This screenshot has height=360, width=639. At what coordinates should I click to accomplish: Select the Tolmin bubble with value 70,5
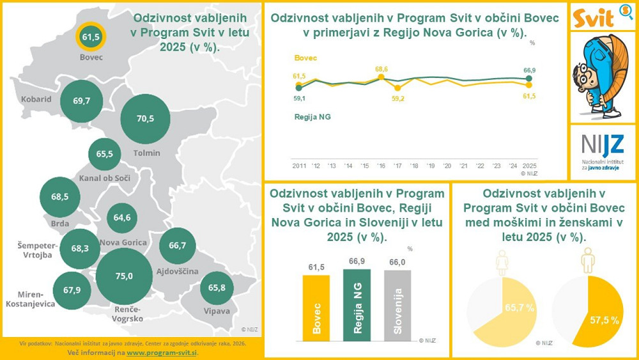point(146,118)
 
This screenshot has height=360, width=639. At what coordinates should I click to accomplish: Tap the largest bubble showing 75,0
point(124,276)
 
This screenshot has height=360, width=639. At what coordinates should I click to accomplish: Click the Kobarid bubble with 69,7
point(82,101)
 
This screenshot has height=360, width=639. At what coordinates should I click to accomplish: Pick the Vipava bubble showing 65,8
point(217,288)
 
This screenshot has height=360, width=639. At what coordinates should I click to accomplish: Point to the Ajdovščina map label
point(177,272)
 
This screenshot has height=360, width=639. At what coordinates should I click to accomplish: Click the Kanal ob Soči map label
point(105,178)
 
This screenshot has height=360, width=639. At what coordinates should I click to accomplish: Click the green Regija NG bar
point(357,302)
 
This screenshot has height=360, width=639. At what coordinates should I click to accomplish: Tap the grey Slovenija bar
point(397,303)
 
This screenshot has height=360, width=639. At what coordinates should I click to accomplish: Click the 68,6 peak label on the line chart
point(382,68)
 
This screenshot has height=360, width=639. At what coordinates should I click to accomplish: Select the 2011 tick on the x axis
point(299,166)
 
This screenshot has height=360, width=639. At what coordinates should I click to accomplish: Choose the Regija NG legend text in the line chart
point(312,116)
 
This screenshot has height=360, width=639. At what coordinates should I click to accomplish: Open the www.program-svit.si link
point(162,352)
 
